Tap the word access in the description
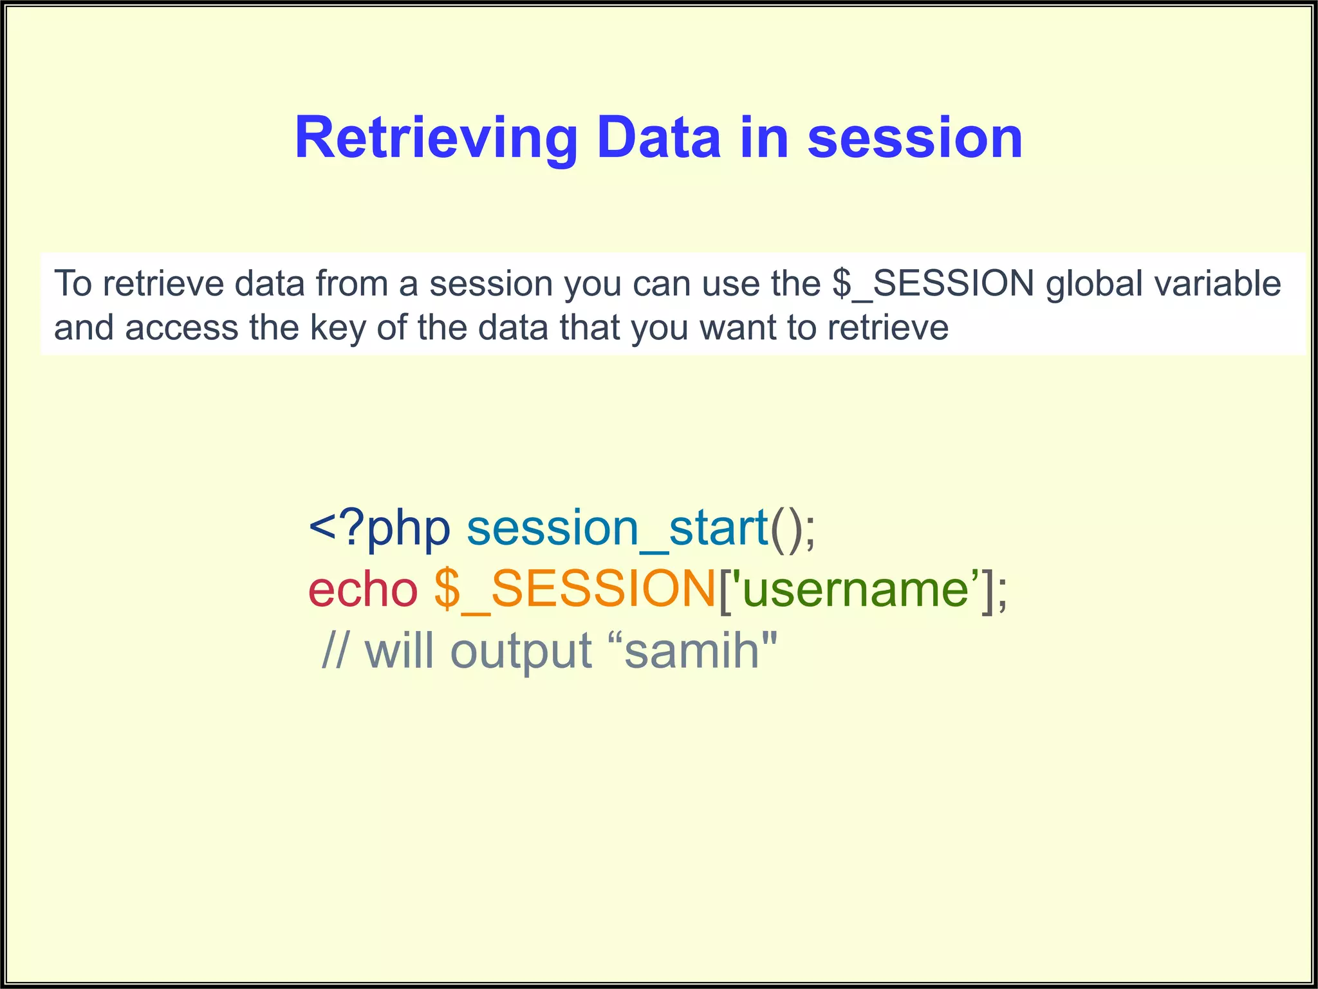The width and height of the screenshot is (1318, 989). [181, 328]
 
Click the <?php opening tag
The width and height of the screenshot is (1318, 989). [379, 529]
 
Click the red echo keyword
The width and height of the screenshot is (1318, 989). [363, 590]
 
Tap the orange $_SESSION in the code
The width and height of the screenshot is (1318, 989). [575, 590]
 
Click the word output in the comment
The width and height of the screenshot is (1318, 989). [521, 651]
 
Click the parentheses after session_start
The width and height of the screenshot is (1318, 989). [785, 529]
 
